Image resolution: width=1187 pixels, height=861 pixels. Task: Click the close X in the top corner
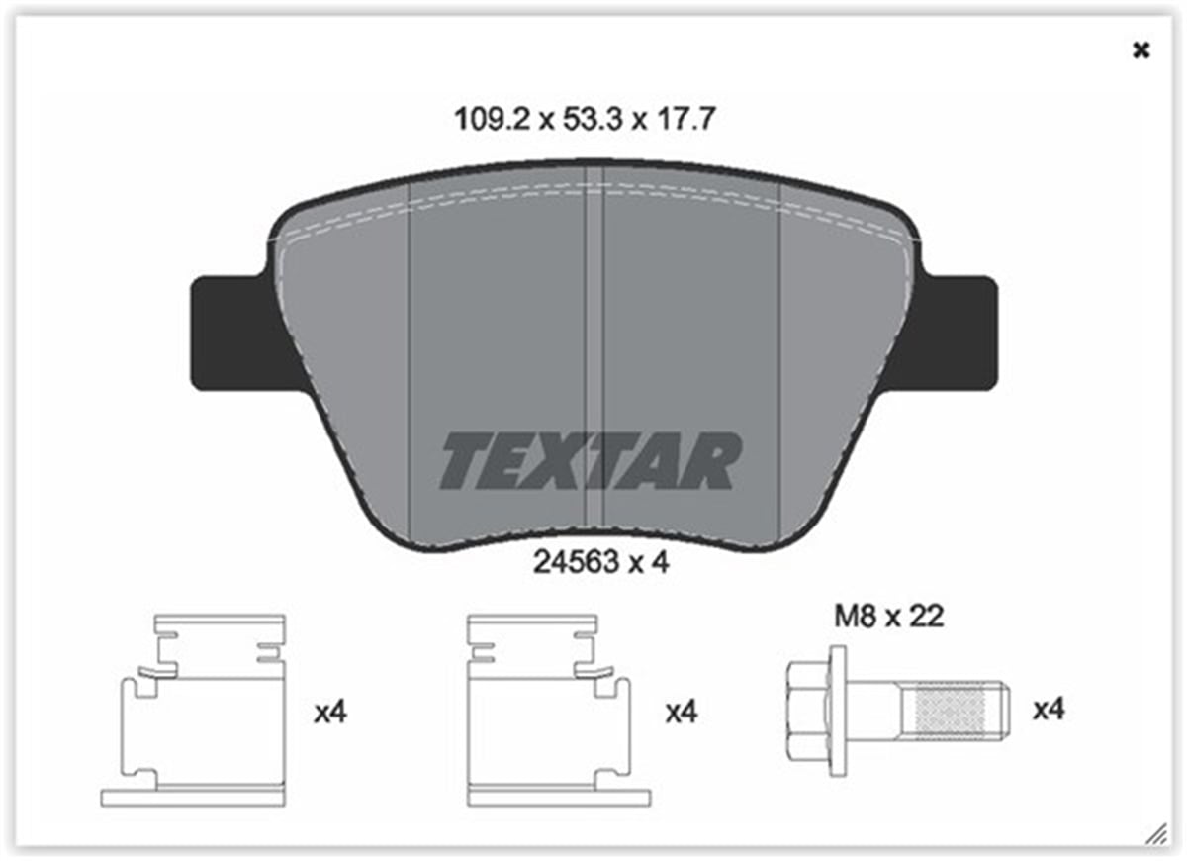(1141, 50)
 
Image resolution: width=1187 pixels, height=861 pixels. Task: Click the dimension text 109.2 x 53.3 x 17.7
(584, 120)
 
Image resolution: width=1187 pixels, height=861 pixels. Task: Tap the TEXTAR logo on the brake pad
(590, 460)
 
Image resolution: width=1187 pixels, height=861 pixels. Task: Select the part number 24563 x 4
(601, 563)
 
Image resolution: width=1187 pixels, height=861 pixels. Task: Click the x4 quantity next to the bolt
(1049, 710)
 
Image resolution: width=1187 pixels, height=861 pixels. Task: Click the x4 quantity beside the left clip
(329, 712)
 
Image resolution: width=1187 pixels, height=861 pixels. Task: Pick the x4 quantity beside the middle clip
(681, 712)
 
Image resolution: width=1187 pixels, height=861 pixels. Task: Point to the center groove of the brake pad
(594, 346)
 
